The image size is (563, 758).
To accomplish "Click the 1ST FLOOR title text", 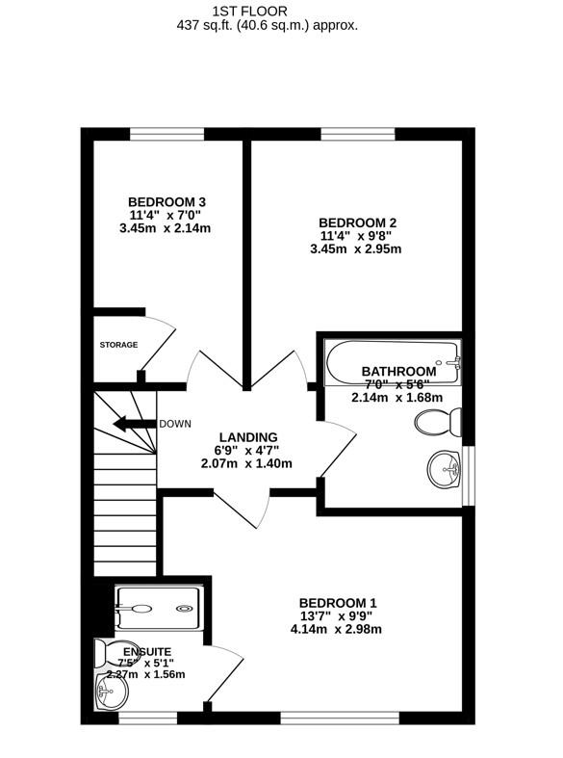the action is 249,11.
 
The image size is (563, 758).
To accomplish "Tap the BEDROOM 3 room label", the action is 167,201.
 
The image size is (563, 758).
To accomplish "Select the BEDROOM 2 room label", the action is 357,222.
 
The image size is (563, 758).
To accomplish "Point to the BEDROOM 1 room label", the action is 338,603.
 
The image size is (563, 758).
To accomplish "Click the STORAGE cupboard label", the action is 118,345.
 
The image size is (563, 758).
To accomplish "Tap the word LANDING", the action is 248,437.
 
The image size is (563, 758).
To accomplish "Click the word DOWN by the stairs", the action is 175,424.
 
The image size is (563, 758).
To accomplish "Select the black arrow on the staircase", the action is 135,424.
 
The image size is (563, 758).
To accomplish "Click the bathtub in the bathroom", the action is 393,362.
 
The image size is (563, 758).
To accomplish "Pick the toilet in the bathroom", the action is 439,422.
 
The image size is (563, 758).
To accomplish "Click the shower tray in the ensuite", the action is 157,609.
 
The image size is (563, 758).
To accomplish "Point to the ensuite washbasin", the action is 112,693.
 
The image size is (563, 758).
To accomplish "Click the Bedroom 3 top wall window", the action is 167,134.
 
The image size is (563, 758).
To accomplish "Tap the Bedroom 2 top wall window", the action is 358,134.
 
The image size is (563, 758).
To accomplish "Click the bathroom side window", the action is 469,476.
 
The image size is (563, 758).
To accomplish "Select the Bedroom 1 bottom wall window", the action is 341,718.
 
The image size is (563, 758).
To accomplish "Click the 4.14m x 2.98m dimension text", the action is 336,629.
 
